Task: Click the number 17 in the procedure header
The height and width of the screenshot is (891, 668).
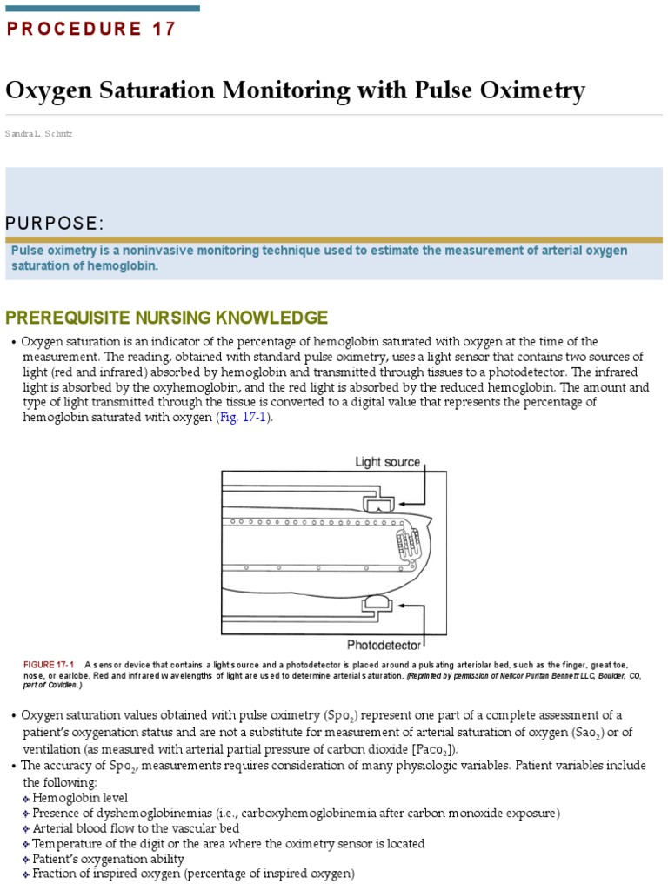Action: tap(163, 30)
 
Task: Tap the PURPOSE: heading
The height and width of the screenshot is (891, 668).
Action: tap(55, 224)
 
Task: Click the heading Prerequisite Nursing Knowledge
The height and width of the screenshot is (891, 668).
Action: tap(167, 317)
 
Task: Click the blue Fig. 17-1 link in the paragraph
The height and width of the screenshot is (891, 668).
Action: tap(244, 418)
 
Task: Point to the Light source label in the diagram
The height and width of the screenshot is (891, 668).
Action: tap(388, 462)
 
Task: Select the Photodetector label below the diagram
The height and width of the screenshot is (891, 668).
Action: tap(384, 645)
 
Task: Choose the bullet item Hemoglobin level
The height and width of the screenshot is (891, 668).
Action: tap(80, 797)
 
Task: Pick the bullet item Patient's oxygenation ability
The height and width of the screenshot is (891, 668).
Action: tap(108, 859)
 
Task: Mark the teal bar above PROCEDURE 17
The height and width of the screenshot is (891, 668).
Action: tap(103, 8)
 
